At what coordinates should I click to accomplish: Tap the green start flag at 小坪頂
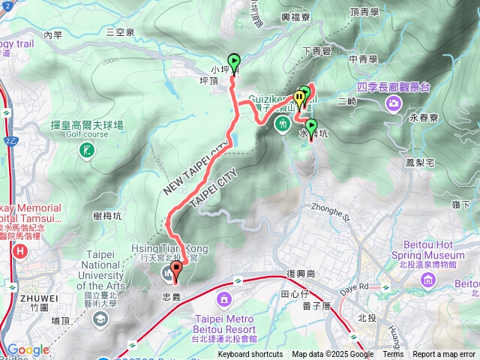click(233, 62)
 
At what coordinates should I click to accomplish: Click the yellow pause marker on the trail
click(299, 96)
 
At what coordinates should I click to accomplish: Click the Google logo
click(28, 349)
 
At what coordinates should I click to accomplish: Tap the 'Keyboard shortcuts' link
click(250, 355)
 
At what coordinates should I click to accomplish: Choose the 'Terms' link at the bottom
click(393, 355)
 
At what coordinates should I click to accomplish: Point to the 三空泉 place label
click(120, 32)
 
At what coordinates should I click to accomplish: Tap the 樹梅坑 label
click(109, 215)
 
